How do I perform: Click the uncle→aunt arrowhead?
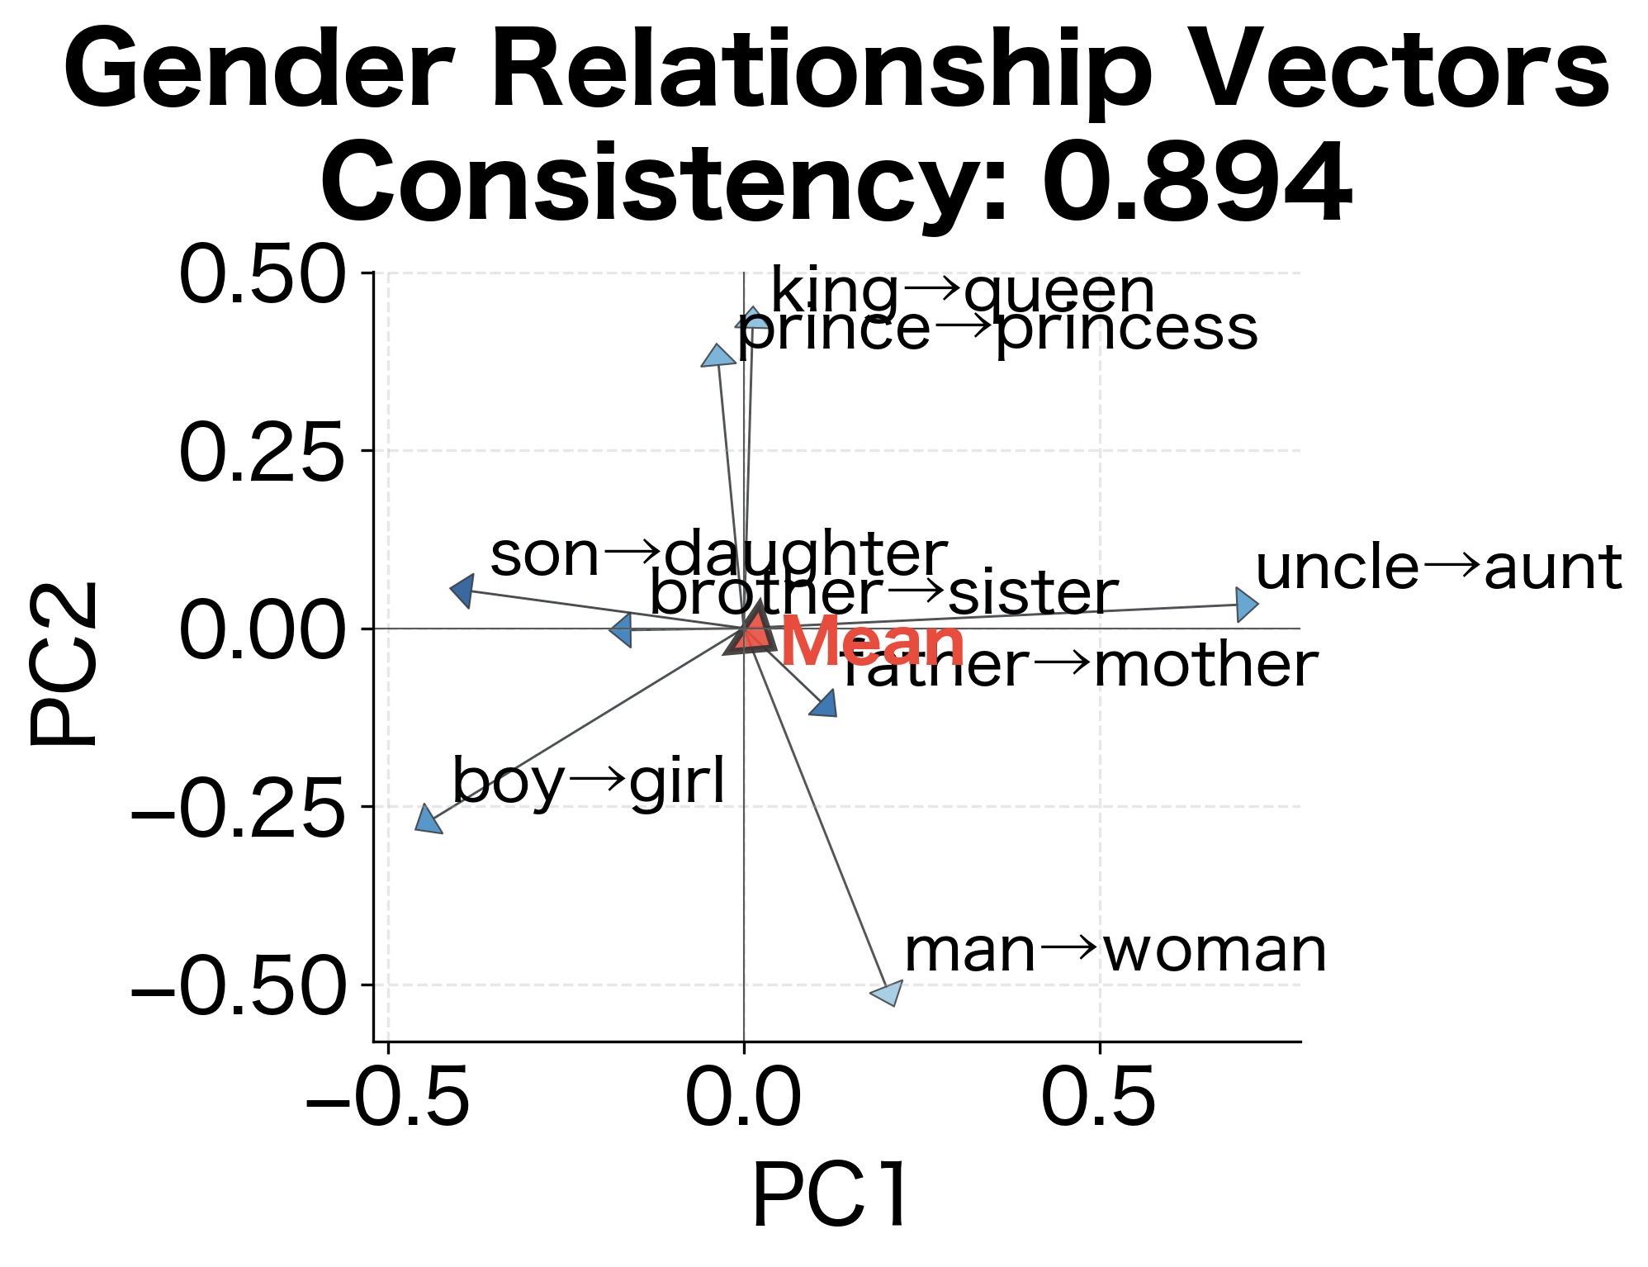coord(1246,605)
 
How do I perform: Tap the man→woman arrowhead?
coord(888,992)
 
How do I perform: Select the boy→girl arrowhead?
coord(428,820)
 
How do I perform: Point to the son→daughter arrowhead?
coord(463,591)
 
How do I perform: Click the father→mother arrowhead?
coord(825,705)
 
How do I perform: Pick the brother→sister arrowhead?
coord(622,630)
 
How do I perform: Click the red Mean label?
coord(873,642)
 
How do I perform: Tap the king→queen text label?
coord(962,292)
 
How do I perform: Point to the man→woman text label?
coord(1115,951)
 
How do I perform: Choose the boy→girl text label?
coord(589,781)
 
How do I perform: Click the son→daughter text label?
coord(718,554)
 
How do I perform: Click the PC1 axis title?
coord(831,1196)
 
